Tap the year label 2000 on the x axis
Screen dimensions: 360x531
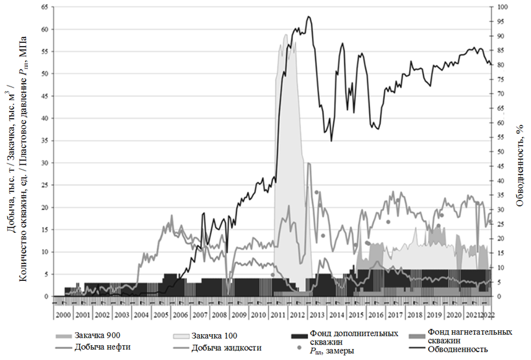tap(63, 314)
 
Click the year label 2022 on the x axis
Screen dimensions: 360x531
tap(488, 314)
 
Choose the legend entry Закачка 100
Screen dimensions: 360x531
tap(218, 335)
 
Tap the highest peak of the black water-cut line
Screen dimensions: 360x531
tap(309, 17)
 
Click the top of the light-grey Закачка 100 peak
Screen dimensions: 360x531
tap(285, 34)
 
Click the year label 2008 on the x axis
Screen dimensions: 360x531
tap(219, 314)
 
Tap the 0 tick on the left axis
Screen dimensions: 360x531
tap(46, 296)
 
